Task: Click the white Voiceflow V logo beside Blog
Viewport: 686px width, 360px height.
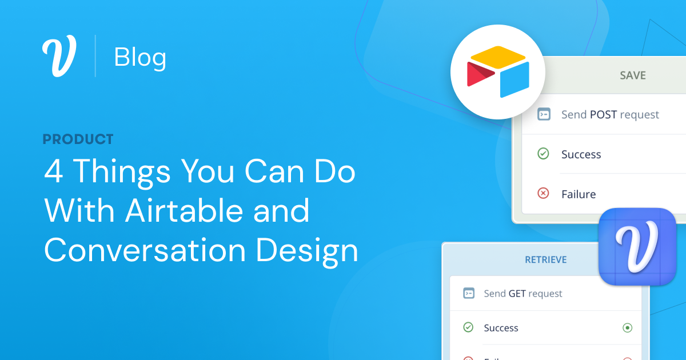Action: (x=59, y=57)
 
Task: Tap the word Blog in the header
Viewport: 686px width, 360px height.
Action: (x=140, y=57)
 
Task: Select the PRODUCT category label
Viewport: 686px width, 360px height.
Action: (x=78, y=139)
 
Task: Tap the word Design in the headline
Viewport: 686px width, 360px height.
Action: (x=307, y=250)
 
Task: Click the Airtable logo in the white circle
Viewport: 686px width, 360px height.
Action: (x=498, y=71)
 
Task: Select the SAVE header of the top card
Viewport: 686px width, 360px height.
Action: (x=633, y=75)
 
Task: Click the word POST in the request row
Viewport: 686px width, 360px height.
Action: (x=603, y=115)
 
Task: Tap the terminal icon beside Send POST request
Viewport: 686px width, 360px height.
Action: (x=544, y=114)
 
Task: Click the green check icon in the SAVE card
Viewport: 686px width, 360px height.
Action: (x=544, y=154)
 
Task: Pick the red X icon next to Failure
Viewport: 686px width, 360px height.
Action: (x=544, y=194)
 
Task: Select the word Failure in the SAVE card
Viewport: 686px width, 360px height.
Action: (x=579, y=194)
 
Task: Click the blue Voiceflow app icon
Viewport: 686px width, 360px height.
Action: (x=637, y=247)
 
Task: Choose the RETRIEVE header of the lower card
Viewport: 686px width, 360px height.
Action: (x=546, y=260)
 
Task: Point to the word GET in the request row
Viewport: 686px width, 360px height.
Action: (x=517, y=294)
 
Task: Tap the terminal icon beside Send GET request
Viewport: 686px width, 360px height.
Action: (x=468, y=293)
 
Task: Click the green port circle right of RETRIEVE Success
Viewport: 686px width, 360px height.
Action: (x=627, y=328)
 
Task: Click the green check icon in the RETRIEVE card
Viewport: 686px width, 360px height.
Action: (x=468, y=327)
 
